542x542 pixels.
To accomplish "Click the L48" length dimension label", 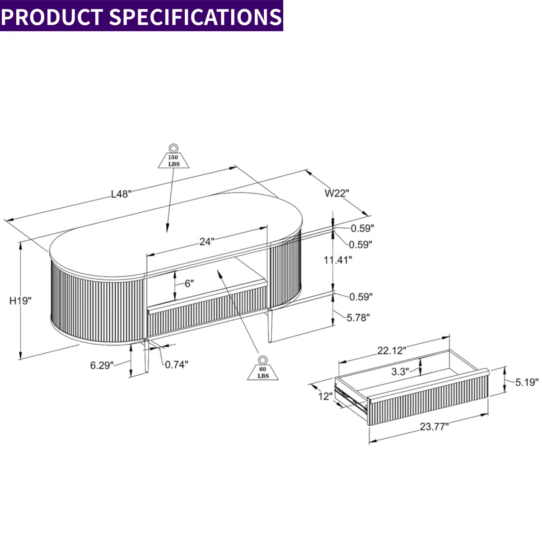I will [121, 194].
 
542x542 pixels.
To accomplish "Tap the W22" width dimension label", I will [337, 193].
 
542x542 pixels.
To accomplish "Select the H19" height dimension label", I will [21, 301].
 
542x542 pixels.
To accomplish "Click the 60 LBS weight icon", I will [263, 368].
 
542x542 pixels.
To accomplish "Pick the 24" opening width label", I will [206, 242].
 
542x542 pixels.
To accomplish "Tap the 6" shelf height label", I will [189, 284].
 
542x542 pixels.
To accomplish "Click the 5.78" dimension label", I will [358, 318].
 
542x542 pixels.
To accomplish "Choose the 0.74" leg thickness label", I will [177, 364].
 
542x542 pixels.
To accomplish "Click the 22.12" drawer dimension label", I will [392, 350].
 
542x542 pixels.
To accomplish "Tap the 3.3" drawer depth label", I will [400, 371].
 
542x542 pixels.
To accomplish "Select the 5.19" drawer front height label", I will [527, 383].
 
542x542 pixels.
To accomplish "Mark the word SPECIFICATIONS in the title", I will [195, 16].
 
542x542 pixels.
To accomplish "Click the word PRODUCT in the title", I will [53, 16].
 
